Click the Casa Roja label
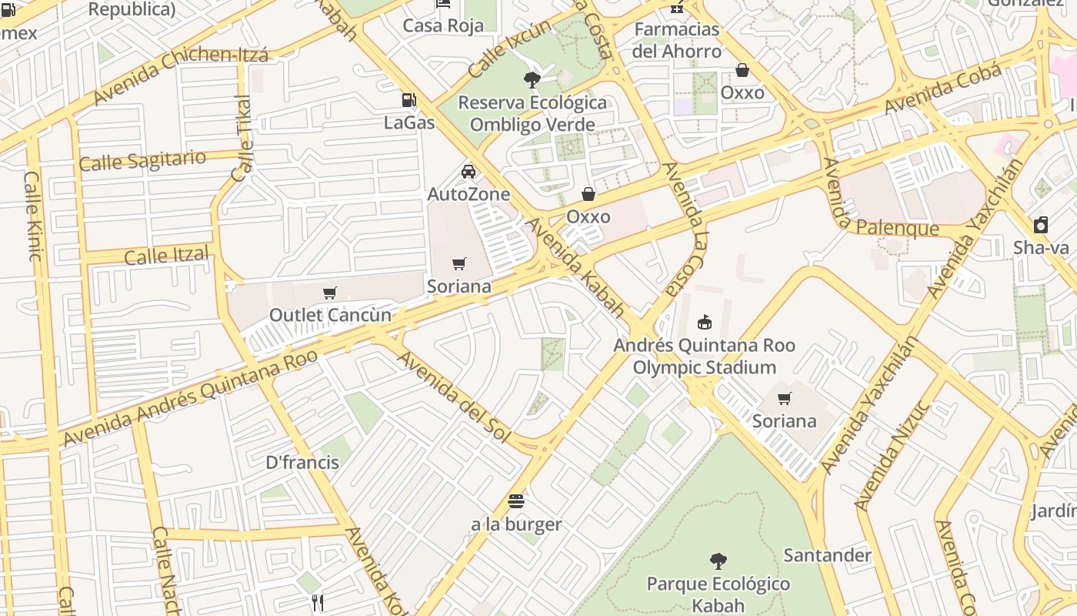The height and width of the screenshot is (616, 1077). click(444, 25)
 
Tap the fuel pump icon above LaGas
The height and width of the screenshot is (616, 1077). click(408, 99)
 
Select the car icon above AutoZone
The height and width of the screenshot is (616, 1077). click(468, 171)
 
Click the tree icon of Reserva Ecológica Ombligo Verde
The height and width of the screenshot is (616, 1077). click(532, 79)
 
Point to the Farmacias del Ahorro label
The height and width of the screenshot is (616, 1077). click(676, 41)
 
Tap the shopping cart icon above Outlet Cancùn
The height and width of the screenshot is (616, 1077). click(330, 293)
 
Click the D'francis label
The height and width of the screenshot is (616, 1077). click(302, 463)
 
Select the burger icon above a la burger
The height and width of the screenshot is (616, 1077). click(516, 502)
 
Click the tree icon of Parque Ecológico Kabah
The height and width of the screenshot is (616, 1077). click(718, 561)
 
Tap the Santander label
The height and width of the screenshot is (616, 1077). click(827, 555)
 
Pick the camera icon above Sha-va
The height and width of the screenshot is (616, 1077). click(1041, 225)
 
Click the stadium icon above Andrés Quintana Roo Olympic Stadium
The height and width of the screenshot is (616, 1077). click(704, 322)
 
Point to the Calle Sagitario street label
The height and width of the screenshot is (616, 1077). click(142, 161)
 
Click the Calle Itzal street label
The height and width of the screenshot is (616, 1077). click(166, 255)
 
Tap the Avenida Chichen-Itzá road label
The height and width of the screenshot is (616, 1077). click(181, 75)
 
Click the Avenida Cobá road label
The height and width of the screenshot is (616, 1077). click(942, 88)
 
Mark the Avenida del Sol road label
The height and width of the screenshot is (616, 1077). click(453, 397)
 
